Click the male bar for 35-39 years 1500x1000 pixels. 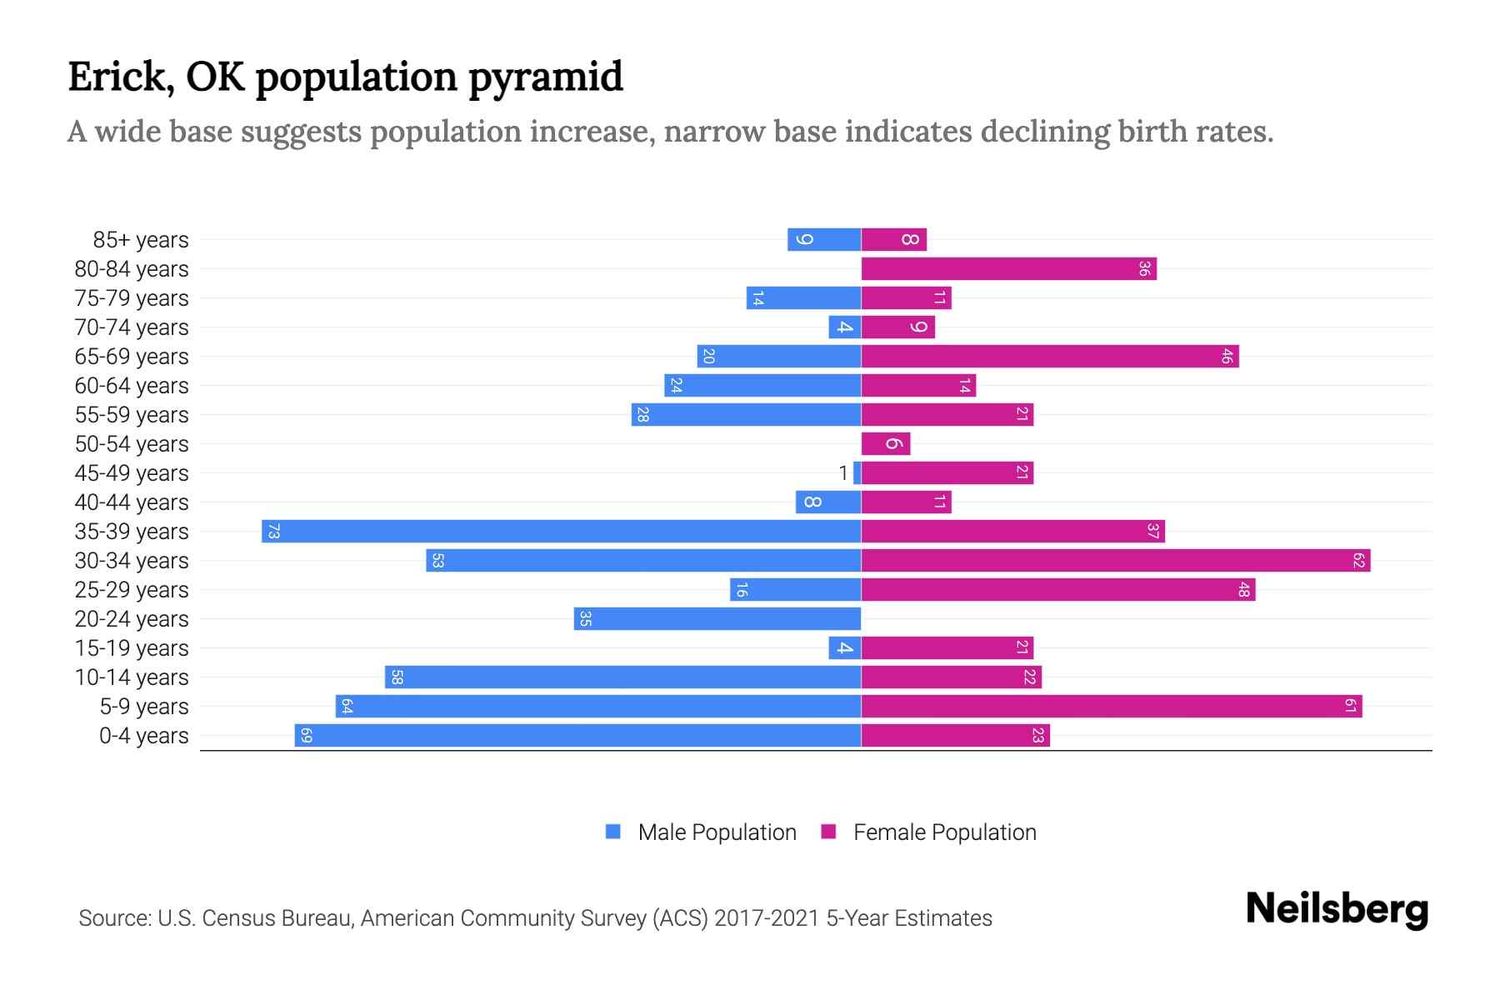click(x=561, y=532)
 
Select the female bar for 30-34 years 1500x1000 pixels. click(x=1115, y=561)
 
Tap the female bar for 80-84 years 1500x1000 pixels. click(x=1008, y=269)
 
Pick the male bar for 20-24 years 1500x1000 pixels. click(x=717, y=619)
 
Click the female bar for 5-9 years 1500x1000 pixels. click(x=1111, y=707)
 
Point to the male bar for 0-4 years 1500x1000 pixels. click(x=577, y=736)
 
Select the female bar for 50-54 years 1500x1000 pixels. click(x=885, y=444)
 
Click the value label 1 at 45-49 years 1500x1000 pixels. click(x=843, y=473)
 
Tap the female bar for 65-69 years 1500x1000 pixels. click(x=1049, y=357)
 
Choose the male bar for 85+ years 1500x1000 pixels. click(x=824, y=240)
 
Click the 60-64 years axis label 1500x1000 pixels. click(x=132, y=386)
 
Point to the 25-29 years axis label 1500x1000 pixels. click(x=132, y=590)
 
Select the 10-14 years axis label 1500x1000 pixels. click(x=132, y=677)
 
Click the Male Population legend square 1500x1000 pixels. click(x=613, y=832)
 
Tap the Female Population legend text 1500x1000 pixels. click(x=944, y=832)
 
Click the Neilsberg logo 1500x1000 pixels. click(x=1337, y=909)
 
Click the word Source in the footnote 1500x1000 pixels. click(x=114, y=918)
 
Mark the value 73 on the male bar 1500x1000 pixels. click(x=273, y=532)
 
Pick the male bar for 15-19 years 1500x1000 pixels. click(x=844, y=648)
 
